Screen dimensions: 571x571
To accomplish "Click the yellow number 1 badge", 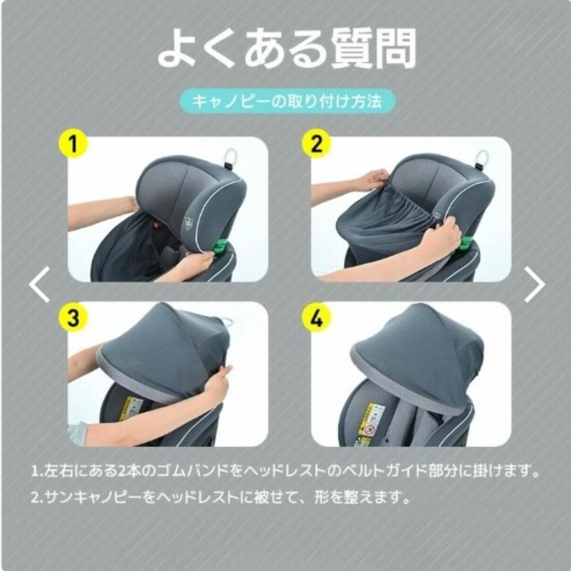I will click(72, 144).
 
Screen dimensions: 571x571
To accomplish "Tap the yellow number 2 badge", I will click(316, 144).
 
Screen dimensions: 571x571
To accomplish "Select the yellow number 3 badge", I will click(72, 317).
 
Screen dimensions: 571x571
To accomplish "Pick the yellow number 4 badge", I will click(316, 317).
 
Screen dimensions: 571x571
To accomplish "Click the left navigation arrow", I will click(39, 284).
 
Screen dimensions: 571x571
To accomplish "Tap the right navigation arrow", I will click(534, 284).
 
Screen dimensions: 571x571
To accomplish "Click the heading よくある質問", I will click(285, 50).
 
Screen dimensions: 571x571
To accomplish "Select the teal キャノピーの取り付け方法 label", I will click(285, 102).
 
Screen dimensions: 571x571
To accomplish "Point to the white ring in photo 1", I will click(232, 155).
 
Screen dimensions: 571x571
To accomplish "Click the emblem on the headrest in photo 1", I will click(187, 224).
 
